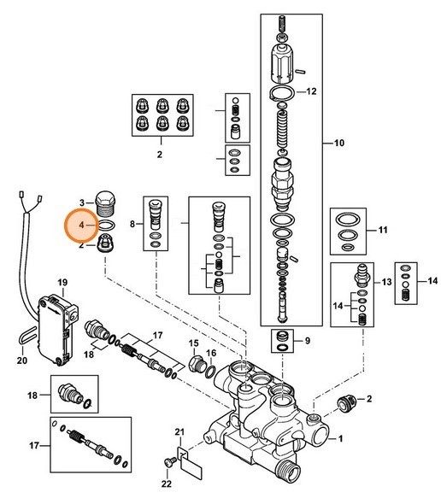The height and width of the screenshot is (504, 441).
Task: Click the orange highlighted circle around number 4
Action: pyautogui.click(x=83, y=226)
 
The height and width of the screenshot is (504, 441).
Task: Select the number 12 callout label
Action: pyautogui.click(x=312, y=91)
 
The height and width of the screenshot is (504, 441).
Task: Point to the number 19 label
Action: pyautogui.click(x=62, y=282)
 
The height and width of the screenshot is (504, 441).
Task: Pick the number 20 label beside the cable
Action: pyautogui.click(x=21, y=360)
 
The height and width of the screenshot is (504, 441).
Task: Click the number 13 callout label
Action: pyautogui.click(x=385, y=281)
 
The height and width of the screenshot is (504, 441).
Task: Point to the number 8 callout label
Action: pyautogui.click(x=132, y=224)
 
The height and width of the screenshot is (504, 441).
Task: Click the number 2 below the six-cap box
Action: pyautogui.click(x=159, y=156)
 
